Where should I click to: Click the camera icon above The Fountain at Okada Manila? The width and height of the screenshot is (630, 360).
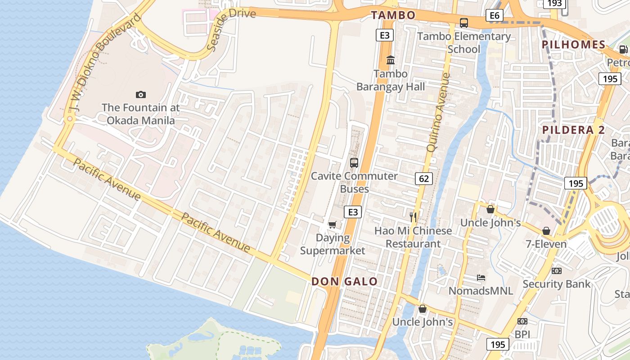[x=141, y=94]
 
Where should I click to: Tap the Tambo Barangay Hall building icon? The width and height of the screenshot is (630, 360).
[x=391, y=60]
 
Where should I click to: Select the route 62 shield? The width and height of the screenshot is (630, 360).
[x=424, y=179]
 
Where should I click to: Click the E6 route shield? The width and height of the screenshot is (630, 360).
[x=494, y=16]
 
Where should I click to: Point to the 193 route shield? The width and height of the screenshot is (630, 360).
[x=555, y=4]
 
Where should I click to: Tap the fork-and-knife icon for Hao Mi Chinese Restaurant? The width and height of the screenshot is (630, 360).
[x=413, y=217]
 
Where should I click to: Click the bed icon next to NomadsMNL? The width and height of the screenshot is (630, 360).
[x=481, y=278]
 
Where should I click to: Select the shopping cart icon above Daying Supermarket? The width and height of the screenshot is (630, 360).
[x=333, y=225]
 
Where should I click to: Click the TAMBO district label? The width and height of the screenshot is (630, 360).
[x=393, y=15]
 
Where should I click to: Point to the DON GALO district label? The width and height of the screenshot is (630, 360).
[x=345, y=282]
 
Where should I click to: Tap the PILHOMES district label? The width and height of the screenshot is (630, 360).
[x=574, y=45]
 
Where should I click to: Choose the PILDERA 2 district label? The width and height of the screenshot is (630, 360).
[x=574, y=130]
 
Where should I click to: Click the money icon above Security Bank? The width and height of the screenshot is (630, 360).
[x=557, y=271]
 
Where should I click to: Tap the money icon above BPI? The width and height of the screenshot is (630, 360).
[x=522, y=321]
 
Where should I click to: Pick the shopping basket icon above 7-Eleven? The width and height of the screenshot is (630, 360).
[x=546, y=231]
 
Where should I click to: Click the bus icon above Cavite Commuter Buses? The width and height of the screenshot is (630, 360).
[x=354, y=163]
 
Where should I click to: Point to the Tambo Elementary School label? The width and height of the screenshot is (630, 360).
[x=464, y=42]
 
